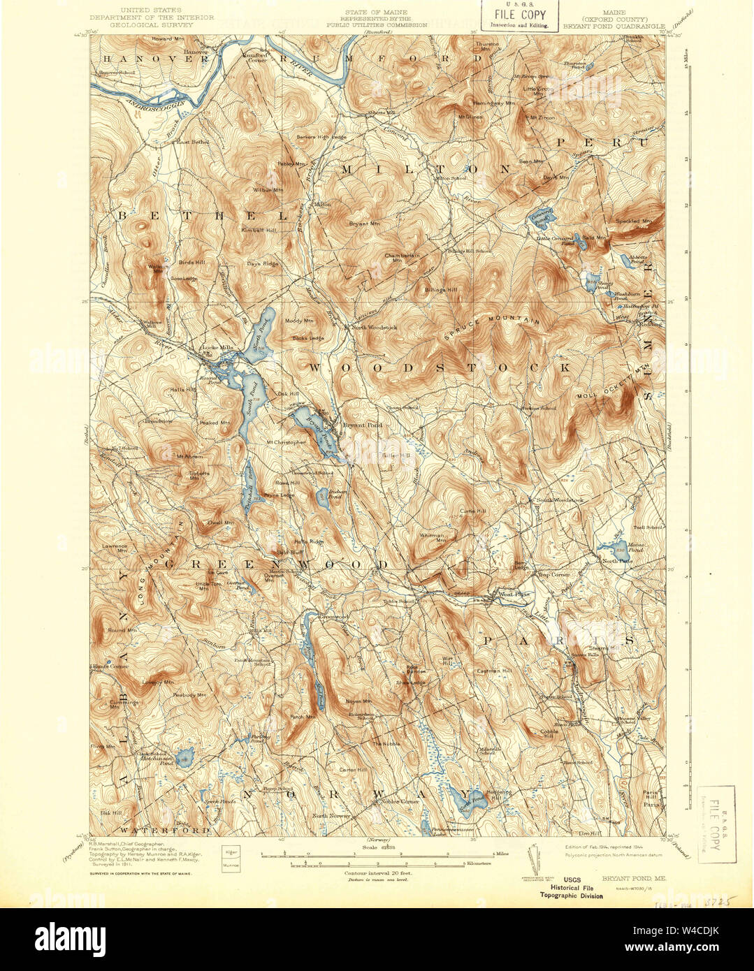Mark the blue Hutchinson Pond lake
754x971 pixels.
click(185, 757)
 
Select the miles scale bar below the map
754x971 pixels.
click(377, 854)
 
